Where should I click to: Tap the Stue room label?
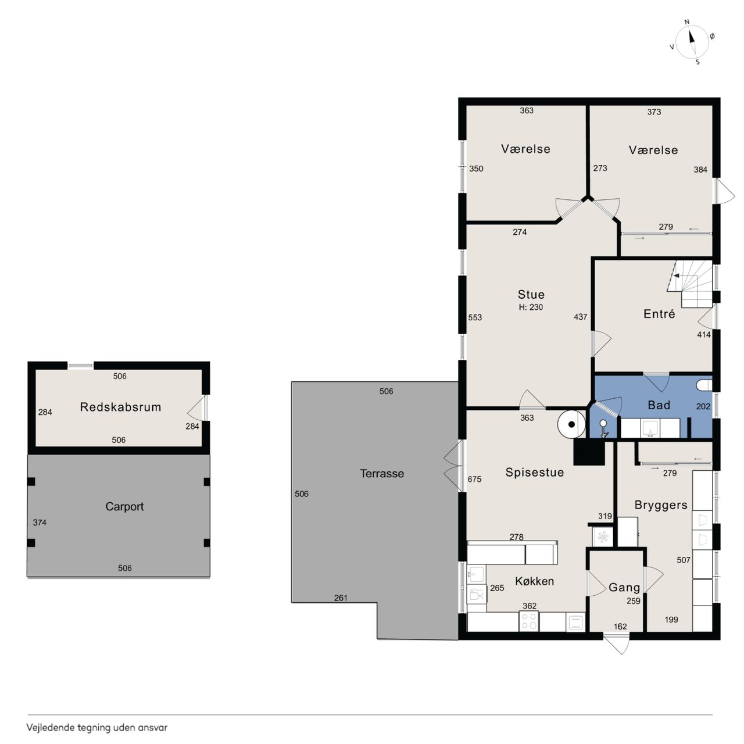click(x=531, y=295)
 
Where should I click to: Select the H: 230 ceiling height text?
click(x=531, y=307)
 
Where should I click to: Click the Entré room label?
click(x=659, y=313)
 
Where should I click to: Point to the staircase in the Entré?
click(x=690, y=284)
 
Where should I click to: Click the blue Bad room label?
click(x=659, y=405)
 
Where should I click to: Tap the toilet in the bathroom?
click(x=704, y=385)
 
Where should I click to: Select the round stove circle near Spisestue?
click(x=571, y=424)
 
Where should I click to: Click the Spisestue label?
click(x=534, y=472)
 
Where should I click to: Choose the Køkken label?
click(x=534, y=581)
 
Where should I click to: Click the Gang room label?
click(x=624, y=588)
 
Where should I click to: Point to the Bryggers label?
click(x=661, y=505)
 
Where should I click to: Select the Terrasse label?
click(x=382, y=473)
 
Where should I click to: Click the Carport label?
click(x=124, y=506)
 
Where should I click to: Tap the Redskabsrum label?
click(x=120, y=407)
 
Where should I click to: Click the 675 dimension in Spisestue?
click(x=474, y=479)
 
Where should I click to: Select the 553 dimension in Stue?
click(x=475, y=317)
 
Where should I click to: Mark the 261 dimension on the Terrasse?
click(x=341, y=598)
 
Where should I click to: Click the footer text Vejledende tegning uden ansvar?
click(x=97, y=728)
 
